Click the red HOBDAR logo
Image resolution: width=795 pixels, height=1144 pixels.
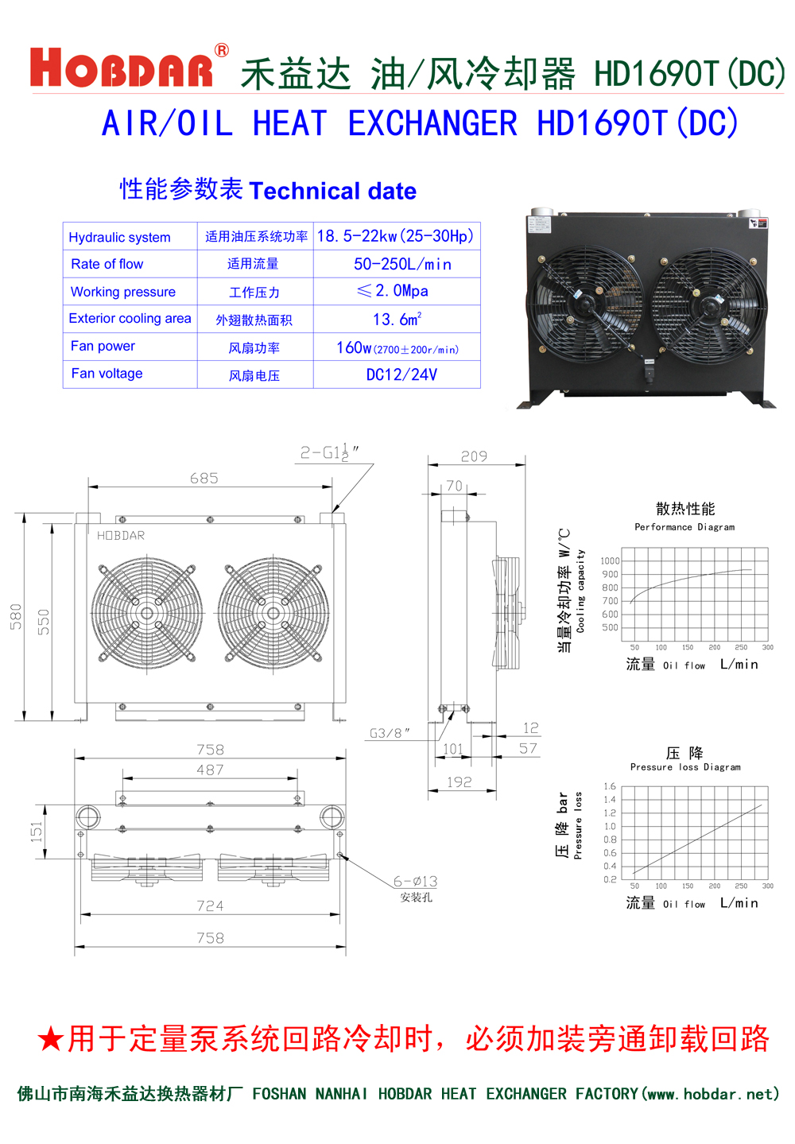point(122,68)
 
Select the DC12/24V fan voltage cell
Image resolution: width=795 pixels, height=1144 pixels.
point(401,374)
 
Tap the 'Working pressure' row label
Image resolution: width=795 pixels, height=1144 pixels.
point(123,292)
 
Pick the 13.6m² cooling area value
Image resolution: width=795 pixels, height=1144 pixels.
point(397,320)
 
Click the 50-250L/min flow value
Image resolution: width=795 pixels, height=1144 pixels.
point(402,264)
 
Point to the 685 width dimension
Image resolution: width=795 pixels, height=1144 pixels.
point(204,478)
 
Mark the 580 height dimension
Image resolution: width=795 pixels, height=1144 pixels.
point(16,616)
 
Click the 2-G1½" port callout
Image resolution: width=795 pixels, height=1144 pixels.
point(328,452)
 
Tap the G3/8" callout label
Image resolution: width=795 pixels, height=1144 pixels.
point(390,733)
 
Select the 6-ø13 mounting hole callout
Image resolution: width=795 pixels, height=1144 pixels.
point(415,881)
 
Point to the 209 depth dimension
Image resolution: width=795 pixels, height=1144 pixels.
point(474,456)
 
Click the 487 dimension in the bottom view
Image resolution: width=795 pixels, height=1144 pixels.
point(210,770)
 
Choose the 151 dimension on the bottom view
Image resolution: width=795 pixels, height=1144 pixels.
point(37,832)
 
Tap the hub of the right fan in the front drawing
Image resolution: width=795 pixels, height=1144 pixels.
point(273,613)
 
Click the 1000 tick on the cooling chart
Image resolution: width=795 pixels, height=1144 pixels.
point(610,560)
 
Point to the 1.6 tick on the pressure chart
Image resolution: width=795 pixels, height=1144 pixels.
point(610,786)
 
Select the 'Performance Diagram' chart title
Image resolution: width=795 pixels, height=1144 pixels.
point(684,527)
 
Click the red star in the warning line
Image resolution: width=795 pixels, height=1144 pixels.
point(50,1039)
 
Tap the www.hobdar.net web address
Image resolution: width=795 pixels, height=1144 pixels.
point(710,1094)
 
